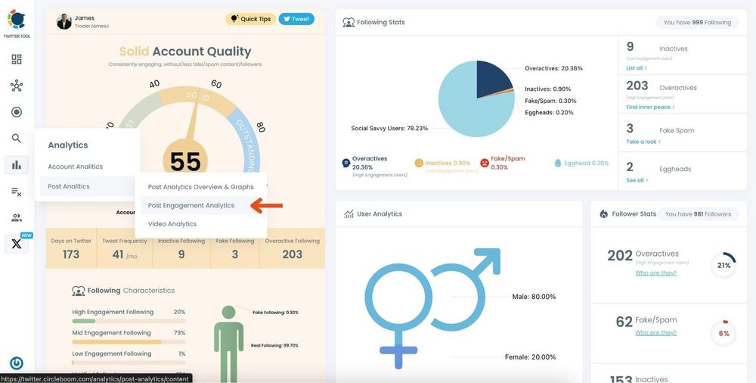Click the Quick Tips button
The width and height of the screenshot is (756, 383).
pos(250,19)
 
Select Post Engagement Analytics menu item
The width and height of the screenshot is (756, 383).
pos(191,205)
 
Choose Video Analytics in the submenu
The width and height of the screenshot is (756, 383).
pos(172,224)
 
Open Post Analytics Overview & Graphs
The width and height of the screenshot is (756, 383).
pos(201,187)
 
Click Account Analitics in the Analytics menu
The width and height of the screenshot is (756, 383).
pos(75,167)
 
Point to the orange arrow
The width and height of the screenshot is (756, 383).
pos(267,205)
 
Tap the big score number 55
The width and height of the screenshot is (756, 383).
pos(185,161)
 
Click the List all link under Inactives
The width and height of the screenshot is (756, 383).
pos(636,68)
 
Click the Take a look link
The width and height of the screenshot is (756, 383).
pos(643,142)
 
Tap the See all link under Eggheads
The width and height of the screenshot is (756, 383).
pos(637,180)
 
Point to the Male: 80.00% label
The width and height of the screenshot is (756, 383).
pos(534,297)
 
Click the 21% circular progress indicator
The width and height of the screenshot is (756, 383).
pos(723,265)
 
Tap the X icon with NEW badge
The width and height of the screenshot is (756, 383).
pos(17,244)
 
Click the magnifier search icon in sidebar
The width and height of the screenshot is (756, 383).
pos(17,138)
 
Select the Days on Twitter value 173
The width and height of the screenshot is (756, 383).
pos(71,254)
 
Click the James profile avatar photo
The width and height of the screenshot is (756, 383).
pos(64,21)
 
